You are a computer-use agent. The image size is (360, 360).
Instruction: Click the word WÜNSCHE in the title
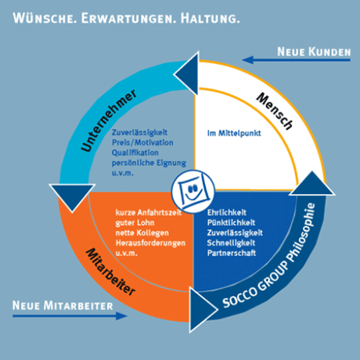click(45, 18)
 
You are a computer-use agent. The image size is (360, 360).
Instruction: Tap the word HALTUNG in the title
click(210, 19)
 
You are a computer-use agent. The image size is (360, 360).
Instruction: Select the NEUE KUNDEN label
click(314, 52)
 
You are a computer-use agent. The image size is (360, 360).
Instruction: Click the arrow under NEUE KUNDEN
click(296, 60)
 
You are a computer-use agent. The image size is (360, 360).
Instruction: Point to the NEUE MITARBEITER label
click(63, 305)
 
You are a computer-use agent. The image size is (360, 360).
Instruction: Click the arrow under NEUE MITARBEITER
click(70, 316)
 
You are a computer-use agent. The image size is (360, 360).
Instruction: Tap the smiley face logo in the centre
click(193, 191)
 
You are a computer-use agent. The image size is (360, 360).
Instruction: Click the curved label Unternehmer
click(108, 120)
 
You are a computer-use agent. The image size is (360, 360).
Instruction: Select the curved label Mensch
click(275, 110)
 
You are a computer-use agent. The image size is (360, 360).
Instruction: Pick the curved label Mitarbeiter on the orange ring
click(110, 272)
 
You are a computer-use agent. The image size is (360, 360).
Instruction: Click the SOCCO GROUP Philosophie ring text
click(269, 255)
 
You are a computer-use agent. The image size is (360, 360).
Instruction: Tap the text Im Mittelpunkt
click(234, 133)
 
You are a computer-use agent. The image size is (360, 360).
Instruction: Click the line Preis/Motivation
click(142, 142)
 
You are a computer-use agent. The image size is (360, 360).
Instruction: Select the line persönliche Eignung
click(149, 163)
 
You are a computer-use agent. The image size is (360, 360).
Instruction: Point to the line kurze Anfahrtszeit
click(149, 213)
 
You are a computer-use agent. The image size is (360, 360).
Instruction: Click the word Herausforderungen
click(150, 243)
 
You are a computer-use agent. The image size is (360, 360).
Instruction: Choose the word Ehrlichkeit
click(227, 213)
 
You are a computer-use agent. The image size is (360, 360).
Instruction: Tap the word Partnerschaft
click(232, 253)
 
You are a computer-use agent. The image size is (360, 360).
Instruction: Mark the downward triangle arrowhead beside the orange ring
click(72, 196)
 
